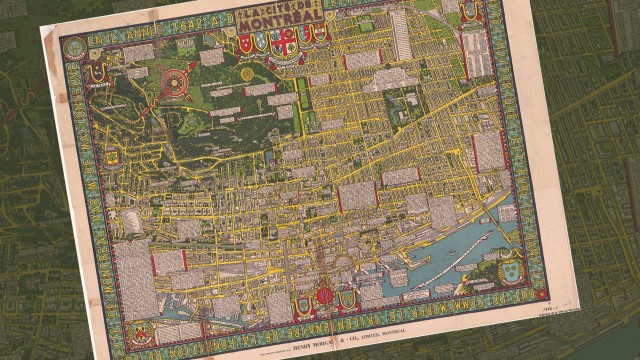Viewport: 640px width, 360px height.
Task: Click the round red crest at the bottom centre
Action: coord(326,296)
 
